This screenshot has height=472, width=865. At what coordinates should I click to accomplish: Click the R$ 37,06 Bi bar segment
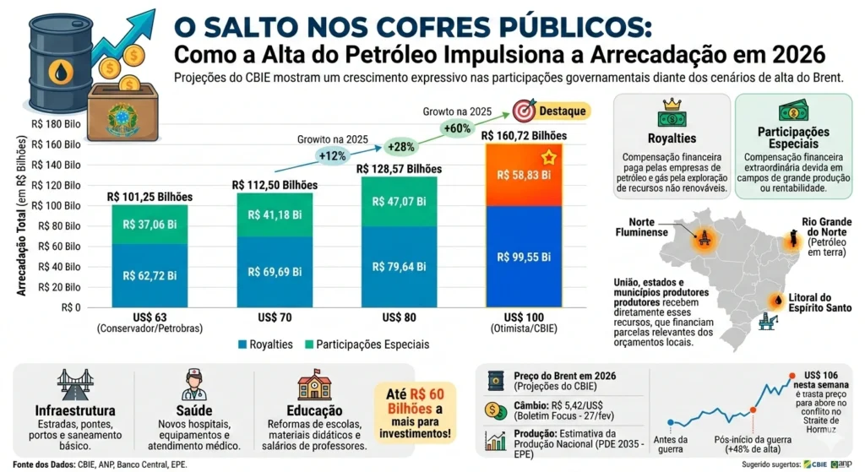(150, 225)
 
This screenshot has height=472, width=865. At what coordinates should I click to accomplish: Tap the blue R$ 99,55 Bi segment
(523, 257)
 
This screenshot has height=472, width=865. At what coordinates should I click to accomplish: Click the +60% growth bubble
(457, 129)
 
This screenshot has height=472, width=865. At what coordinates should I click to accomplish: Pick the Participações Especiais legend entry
(369, 345)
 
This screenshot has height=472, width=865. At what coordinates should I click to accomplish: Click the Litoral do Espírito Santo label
(821, 303)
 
